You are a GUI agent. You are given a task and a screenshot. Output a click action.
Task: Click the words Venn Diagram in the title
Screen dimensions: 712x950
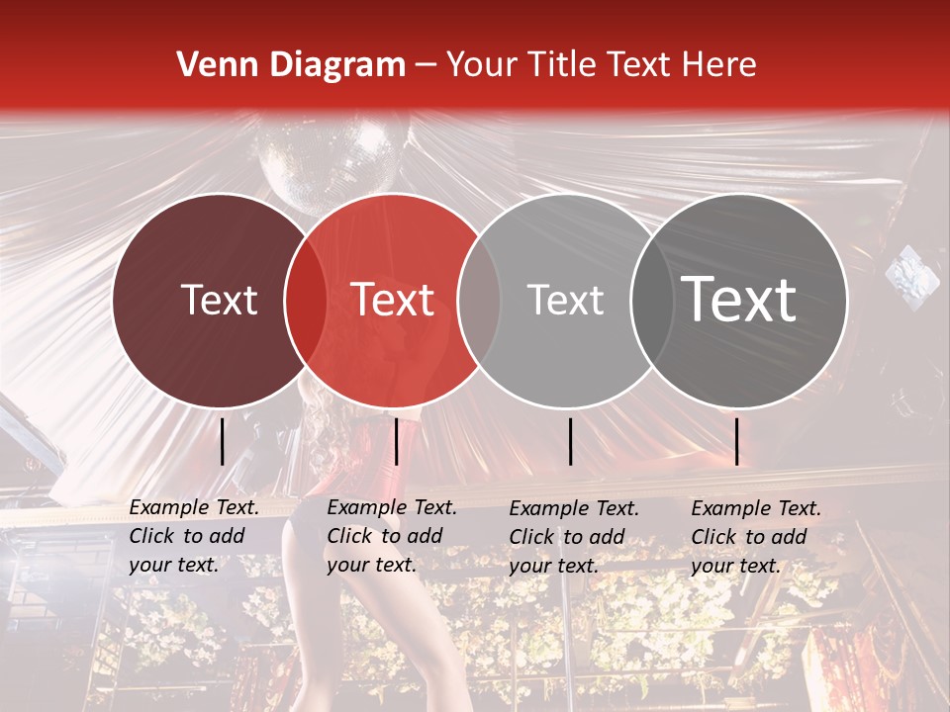tap(291, 65)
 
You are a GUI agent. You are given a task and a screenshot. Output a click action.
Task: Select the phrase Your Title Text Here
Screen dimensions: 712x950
tap(601, 65)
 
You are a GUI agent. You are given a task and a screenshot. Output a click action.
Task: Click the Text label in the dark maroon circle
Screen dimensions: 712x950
tap(219, 301)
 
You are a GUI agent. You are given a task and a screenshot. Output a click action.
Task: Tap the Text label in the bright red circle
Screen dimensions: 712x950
tap(393, 301)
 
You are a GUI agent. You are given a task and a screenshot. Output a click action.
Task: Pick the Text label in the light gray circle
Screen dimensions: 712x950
tap(565, 301)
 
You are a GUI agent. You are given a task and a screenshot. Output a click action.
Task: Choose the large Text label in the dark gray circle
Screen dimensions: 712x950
tap(738, 299)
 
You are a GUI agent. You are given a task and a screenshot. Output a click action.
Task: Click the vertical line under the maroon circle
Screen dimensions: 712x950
tap(223, 441)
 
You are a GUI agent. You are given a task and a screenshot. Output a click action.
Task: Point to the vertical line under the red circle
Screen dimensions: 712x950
tap(397, 441)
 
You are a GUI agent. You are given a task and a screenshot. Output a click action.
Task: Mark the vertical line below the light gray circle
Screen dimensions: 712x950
tap(571, 441)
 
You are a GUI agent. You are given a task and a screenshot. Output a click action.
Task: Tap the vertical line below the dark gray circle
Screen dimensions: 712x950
tap(737, 441)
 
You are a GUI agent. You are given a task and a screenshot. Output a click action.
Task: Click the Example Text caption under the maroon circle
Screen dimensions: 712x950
tap(194, 536)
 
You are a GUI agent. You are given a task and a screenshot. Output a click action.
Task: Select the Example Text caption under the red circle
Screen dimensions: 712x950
tap(392, 536)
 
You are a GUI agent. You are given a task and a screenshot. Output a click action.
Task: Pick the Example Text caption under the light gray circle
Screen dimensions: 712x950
tap(574, 537)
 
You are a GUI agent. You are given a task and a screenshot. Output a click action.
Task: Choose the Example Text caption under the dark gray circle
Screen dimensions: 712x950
tap(756, 537)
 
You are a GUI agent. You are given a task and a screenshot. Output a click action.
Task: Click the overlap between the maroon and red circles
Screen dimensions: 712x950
tap(306, 301)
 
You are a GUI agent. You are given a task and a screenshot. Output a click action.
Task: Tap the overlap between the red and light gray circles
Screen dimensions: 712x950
tap(479, 301)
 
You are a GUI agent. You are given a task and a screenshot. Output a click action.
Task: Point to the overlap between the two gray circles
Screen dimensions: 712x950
tap(650, 301)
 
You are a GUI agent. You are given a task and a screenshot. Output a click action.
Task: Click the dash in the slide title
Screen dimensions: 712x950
tap(425, 66)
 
